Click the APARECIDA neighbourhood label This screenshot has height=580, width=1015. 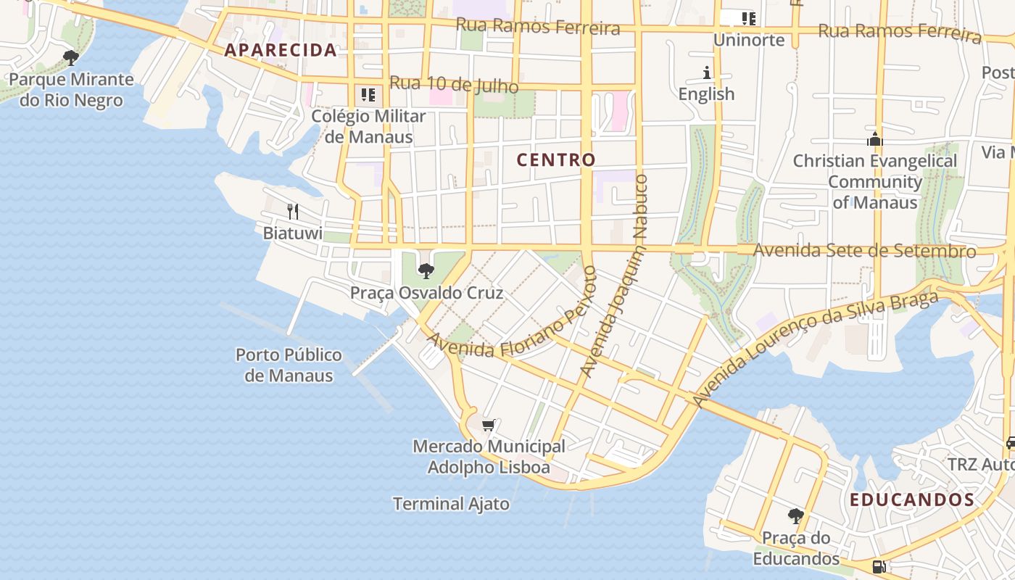[281, 50]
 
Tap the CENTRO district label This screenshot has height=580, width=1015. [556, 159]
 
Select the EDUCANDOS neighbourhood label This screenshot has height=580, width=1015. [912, 500]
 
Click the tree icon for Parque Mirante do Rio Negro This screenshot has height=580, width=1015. [71, 58]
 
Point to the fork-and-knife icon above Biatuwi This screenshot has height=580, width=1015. [293, 212]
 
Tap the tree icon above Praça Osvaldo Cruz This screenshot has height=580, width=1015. [426, 271]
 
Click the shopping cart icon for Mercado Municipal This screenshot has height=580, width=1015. [489, 425]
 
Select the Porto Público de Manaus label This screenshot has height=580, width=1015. [289, 365]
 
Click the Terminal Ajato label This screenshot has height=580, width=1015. [451, 503]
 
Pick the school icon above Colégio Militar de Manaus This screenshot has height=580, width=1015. [368, 95]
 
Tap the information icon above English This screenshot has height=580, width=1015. [707, 72]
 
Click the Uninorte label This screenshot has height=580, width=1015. [749, 40]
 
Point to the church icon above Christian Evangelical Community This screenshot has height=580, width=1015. [875, 139]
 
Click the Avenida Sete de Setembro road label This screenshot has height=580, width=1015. [865, 251]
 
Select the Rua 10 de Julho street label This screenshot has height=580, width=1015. [454, 84]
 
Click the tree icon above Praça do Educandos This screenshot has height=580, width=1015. [796, 516]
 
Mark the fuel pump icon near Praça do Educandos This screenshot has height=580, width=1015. [879, 567]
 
